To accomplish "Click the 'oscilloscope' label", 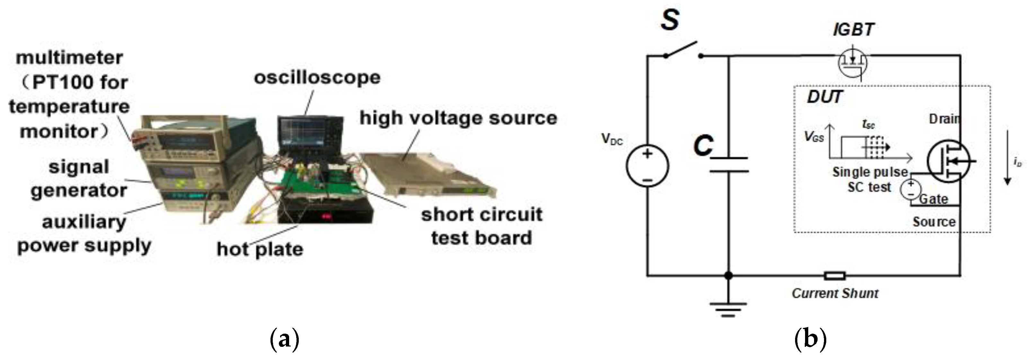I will click(317, 77).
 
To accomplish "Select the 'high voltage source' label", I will click(458, 118).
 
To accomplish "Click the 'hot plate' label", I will click(260, 249).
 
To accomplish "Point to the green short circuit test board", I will click(319, 180).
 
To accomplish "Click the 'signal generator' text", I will click(79, 179).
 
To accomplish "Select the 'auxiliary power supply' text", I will click(84, 233).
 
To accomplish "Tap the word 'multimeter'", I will click(69, 58).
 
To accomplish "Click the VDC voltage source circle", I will click(647, 166).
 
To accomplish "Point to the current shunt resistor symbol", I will click(835, 276).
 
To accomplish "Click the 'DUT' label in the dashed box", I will click(824, 97).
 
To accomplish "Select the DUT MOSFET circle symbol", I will click(947, 161).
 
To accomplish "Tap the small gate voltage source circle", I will click(911, 189).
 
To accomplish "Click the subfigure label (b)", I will click(810, 339).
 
